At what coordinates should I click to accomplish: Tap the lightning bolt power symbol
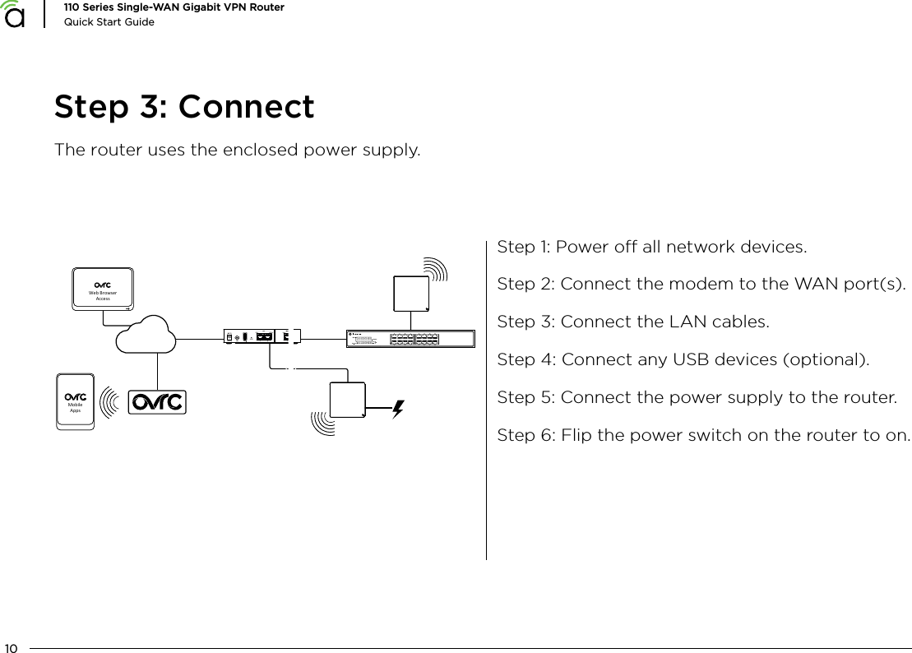(x=398, y=408)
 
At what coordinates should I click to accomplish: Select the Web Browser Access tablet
(x=103, y=289)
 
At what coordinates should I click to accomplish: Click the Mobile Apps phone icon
(x=76, y=401)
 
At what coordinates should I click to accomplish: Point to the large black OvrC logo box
(x=158, y=402)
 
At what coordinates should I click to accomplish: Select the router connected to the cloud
(x=262, y=336)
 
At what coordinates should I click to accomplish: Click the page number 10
(x=12, y=646)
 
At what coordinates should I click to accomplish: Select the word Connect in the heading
(x=246, y=108)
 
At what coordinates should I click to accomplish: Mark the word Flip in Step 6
(x=576, y=434)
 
